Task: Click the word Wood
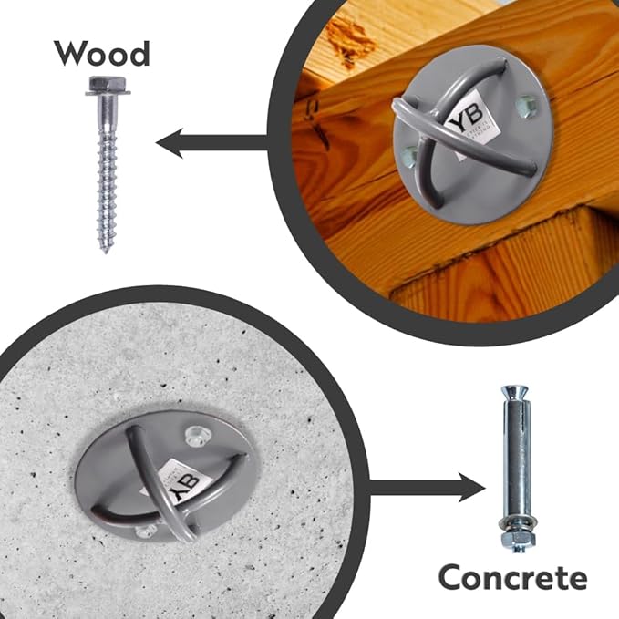101,54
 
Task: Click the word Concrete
512,577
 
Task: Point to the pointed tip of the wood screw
106,248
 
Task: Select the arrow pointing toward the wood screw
210,142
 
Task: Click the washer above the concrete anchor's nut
513,525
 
